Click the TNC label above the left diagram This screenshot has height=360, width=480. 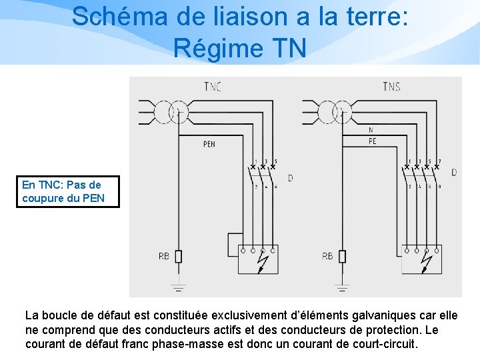pos(213,86)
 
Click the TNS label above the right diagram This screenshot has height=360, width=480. pos(392,87)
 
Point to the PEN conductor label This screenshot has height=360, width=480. pos(209,143)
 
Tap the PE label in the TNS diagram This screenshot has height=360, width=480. pos(372,141)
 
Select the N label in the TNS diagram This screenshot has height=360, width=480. pos(371,131)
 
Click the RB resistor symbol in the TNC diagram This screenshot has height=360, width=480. pos(179,257)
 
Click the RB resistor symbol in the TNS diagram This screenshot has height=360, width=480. pos(342,257)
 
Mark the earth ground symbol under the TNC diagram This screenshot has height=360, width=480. pos(179,287)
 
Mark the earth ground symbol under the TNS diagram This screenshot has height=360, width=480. pos(342,287)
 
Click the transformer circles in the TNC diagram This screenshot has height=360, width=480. pos(171,112)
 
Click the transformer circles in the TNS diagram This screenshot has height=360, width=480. pos(335,112)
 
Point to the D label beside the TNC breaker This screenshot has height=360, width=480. pos(290,178)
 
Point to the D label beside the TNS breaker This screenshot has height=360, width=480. pos(454,173)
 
